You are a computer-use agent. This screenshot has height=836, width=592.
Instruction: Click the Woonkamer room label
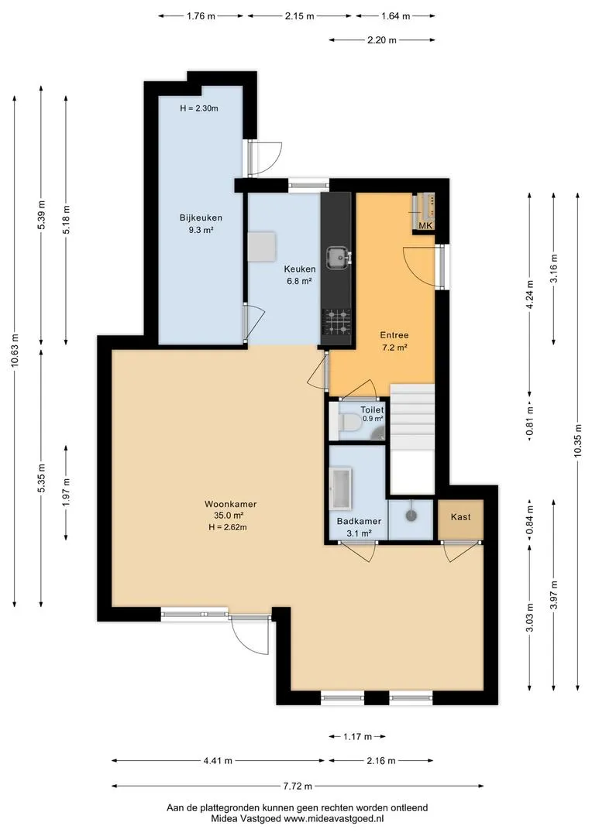tap(231, 504)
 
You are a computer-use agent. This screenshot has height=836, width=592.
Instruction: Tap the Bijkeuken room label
tap(201, 218)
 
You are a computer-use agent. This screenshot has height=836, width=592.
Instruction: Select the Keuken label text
tap(299, 269)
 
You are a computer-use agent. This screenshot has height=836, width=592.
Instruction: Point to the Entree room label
tap(394, 335)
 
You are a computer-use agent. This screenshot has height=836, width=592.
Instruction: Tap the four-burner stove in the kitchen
tap(336, 323)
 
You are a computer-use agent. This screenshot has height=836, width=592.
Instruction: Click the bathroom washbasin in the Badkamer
tap(339, 488)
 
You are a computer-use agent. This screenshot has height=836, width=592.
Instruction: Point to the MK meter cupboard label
tap(425, 226)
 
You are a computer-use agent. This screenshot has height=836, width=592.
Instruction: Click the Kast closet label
tap(461, 516)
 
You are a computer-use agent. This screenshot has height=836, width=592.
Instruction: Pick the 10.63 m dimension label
tap(15, 351)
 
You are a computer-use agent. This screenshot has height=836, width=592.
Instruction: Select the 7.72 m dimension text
tap(298, 786)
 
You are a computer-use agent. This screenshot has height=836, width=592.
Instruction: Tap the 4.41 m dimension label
tap(218, 761)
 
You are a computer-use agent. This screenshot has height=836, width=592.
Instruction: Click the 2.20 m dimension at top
tap(382, 40)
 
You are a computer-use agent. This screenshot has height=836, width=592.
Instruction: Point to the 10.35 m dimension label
tap(577, 441)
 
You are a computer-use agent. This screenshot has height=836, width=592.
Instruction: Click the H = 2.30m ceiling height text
tap(199, 108)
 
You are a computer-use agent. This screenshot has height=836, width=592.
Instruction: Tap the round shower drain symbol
tap(411, 516)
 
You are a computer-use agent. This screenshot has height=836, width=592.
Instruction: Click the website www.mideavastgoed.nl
tap(334, 818)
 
